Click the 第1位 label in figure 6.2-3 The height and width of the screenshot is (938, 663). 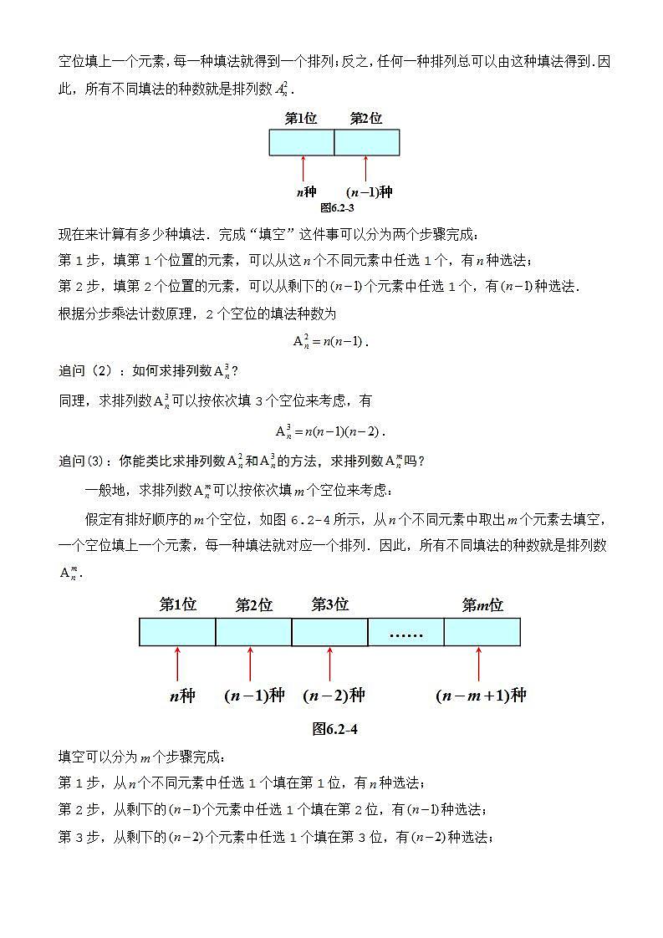click(301, 119)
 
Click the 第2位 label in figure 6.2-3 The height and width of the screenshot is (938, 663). click(365, 119)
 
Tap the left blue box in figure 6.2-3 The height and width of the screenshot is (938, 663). click(301, 142)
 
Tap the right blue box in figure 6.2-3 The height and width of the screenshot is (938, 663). click(366, 142)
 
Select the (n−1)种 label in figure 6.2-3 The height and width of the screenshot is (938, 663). click(369, 192)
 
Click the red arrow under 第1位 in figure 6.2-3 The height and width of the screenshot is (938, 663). click(302, 169)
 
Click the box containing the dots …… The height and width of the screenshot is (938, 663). click(405, 632)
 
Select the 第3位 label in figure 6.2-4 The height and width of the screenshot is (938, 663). click(329, 604)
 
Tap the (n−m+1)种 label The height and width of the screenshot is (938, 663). click(481, 696)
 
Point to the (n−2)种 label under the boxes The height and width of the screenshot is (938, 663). click(334, 696)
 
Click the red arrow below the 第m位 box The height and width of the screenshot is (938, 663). click(479, 664)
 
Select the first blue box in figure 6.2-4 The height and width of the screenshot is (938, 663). click(177, 632)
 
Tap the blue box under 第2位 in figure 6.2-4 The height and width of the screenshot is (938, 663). click(253, 632)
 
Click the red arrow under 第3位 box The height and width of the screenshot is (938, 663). click(329, 664)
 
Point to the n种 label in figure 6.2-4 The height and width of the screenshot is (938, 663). click(181, 696)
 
